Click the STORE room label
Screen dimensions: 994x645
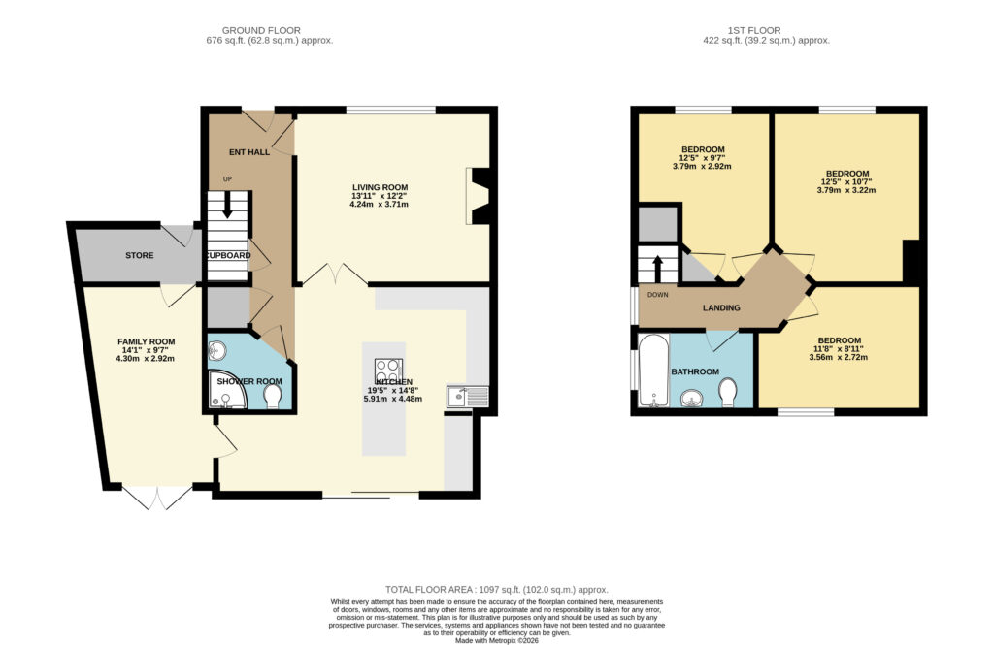tap(139, 255)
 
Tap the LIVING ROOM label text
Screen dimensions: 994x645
tap(380, 187)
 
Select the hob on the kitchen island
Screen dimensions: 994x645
tap(388, 370)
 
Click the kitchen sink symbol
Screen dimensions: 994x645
tap(467, 396)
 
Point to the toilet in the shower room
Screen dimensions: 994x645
tap(273, 397)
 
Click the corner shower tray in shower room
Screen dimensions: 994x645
tap(227, 390)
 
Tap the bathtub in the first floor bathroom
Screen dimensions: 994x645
tap(653, 371)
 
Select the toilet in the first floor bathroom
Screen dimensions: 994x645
tap(728, 393)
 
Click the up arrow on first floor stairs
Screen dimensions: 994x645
tap(657, 269)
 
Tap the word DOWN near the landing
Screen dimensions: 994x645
tap(657, 295)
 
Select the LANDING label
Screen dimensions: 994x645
tap(721, 307)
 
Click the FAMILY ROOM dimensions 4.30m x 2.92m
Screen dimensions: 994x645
tap(146, 359)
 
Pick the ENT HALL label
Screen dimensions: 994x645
tap(249, 152)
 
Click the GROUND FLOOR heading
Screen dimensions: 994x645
tap(261, 30)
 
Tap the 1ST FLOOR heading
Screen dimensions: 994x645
tap(753, 30)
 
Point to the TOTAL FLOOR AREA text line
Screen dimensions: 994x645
tap(496, 590)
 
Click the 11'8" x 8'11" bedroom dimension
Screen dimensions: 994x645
tap(839, 348)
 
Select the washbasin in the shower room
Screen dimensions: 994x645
tap(217, 349)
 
